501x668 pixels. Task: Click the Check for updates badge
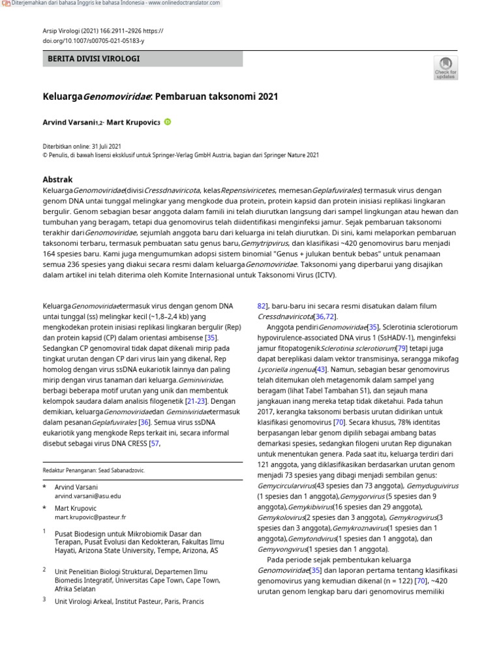tap(446, 67)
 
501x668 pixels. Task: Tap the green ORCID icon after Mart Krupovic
tap(167, 121)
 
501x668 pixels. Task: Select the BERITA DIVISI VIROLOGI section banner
tap(142, 59)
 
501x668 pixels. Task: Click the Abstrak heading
tap(57, 179)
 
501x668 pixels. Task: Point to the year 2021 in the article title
tap(267, 97)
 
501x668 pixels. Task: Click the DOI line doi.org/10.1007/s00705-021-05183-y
tap(93, 40)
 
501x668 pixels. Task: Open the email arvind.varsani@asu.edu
tap(87, 496)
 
